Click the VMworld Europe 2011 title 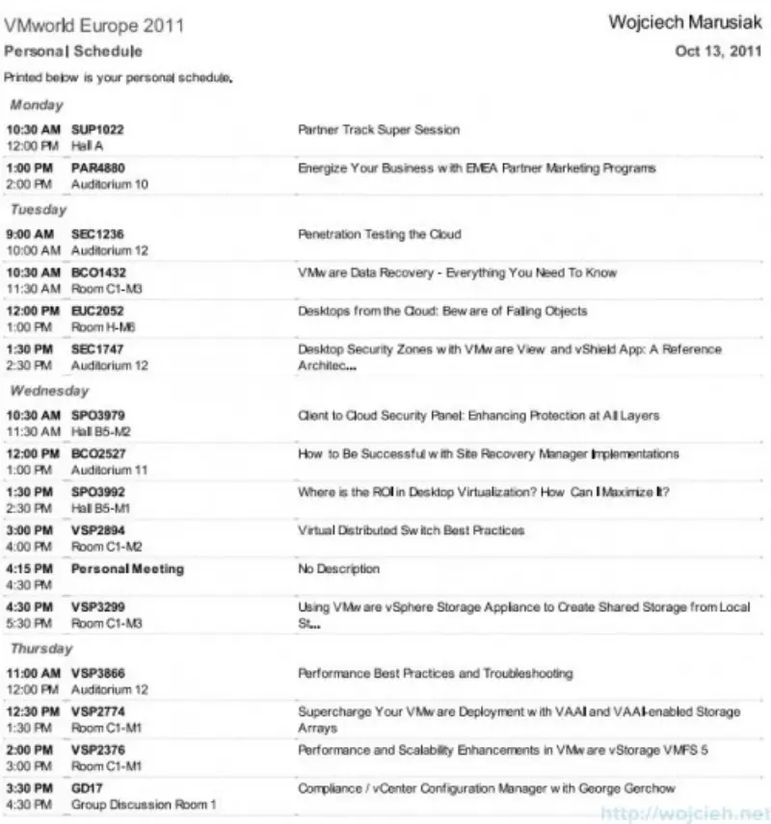(x=94, y=25)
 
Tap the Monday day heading (x=37, y=105)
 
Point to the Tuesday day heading (x=39, y=210)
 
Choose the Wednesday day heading (x=49, y=392)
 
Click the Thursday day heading (x=41, y=650)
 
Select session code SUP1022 (x=97, y=130)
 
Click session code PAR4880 (x=97, y=168)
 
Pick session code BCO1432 (x=98, y=273)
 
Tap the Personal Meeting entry (x=127, y=569)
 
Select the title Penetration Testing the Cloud (x=379, y=234)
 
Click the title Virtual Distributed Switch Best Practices (x=412, y=530)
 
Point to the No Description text (x=339, y=569)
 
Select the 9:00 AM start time (x=33, y=234)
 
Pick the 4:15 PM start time (x=33, y=569)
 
